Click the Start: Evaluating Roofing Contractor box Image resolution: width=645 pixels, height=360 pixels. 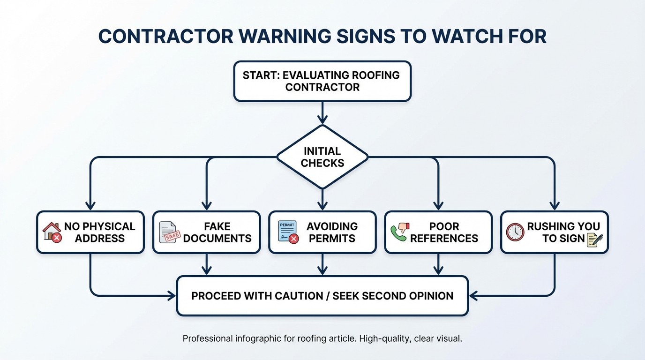click(322, 81)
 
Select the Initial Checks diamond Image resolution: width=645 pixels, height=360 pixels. click(322, 157)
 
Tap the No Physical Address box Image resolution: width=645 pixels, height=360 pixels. click(90, 232)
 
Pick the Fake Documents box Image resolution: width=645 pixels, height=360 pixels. click(206, 232)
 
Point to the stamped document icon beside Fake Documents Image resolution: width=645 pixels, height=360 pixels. click(169, 232)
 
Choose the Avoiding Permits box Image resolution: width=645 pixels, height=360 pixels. click(322, 232)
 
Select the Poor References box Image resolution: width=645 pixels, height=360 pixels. click(438, 232)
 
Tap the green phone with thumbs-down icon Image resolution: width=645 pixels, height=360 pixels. click(399, 232)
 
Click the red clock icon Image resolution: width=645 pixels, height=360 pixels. click(515, 232)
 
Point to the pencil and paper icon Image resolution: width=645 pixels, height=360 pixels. click(594, 239)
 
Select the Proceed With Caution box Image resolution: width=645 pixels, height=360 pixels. click(322, 296)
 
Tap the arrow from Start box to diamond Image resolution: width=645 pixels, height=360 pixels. click(322, 112)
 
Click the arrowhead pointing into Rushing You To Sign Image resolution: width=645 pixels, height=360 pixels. click(554, 206)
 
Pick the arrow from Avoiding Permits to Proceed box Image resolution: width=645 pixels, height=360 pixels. click(322, 265)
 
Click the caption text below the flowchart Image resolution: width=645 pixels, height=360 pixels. click(322, 338)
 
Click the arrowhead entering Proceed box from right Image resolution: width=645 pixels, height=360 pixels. click(473, 296)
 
